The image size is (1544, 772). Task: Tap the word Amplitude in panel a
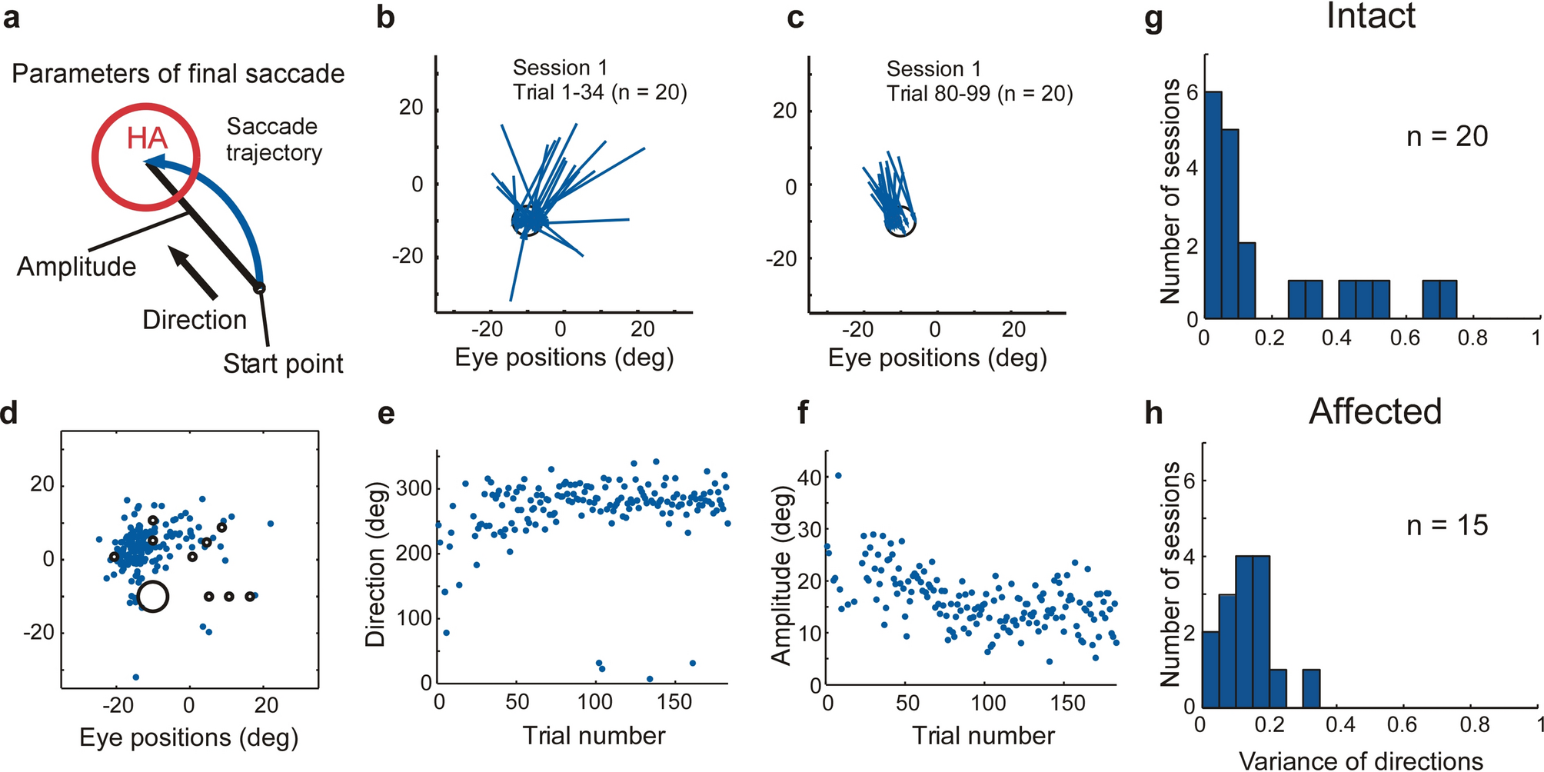(76, 267)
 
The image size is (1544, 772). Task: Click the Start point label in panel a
(283, 364)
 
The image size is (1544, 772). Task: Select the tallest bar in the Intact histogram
(1213, 205)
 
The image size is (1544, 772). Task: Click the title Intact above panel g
(1370, 17)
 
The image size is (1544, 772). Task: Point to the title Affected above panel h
(1375, 411)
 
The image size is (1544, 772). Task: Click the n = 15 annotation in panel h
(1447, 526)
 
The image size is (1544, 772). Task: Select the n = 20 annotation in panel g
(1447, 137)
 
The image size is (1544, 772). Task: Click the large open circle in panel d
(153, 597)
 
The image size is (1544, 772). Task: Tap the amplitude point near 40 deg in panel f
(838, 476)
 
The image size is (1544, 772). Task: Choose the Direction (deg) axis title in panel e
(375, 564)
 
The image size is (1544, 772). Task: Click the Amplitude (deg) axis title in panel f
(782, 574)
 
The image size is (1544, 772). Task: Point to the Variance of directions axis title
(1361, 760)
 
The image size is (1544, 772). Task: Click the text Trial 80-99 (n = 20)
(979, 94)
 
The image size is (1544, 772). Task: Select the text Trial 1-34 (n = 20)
(600, 93)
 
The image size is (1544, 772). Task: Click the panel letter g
(1153, 18)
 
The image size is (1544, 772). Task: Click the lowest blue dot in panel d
(136, 677)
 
